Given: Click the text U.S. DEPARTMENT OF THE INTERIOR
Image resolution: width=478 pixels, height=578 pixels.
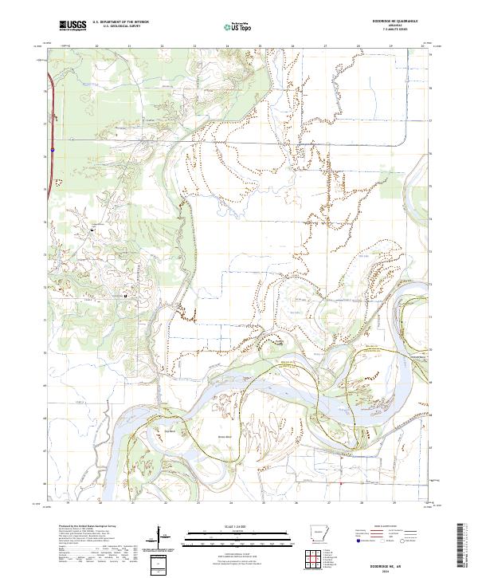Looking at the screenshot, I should pos(120,22).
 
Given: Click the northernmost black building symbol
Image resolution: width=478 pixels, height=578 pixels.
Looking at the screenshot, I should pos(92,230).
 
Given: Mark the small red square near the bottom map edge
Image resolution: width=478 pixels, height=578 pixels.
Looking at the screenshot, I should pos(340,482).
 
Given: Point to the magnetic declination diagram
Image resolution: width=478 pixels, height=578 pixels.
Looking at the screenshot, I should pos(163,536).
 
